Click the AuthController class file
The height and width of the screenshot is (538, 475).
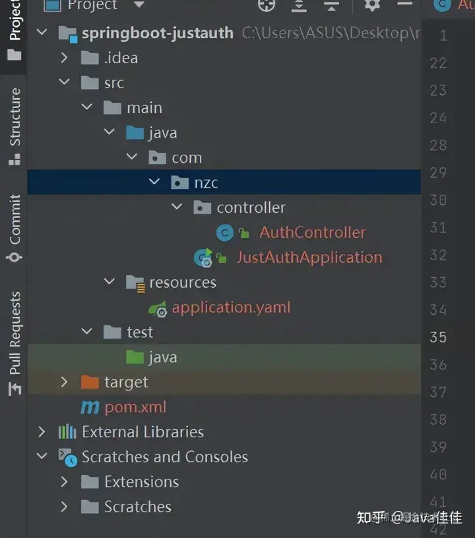[311, 232]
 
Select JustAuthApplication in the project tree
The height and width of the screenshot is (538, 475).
[309, 257]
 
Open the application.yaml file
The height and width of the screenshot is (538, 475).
[230, 308]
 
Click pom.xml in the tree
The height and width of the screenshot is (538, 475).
[135, 407]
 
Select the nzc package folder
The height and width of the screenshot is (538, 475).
[205, 182]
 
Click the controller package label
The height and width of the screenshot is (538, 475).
[251, 207]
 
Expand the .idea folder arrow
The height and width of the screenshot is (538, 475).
[64, 58]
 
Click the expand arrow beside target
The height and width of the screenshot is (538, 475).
[64, 382]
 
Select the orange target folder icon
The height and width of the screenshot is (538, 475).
[90, 382]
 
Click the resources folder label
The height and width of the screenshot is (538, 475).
[182, 282]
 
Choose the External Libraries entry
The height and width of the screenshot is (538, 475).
[142, 432]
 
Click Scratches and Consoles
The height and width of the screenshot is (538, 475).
[164, 457]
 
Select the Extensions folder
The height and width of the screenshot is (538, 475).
[141, 482]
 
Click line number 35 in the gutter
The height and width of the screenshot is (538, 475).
[438, 337]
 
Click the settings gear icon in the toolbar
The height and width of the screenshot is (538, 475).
[372, 5]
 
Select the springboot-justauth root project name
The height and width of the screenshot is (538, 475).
[157, 33]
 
